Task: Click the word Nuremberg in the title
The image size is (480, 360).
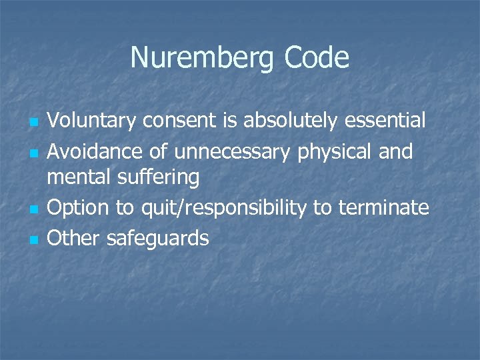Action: (x=203, y=58)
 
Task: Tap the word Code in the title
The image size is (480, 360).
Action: (x=316, y=58)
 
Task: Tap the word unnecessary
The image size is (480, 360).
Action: (x=232, y=153)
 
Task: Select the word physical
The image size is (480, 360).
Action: (x=333, y=153)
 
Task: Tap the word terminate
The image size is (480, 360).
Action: (x=383, y=208)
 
